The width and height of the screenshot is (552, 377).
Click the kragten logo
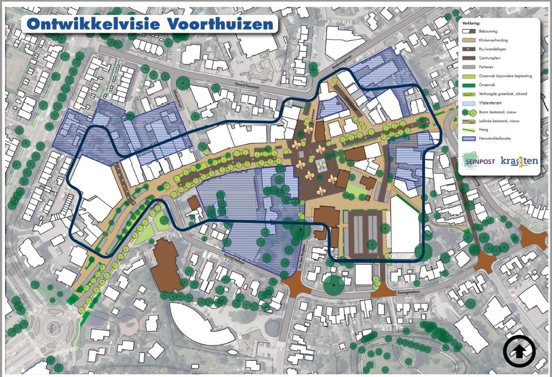point(519,161)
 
